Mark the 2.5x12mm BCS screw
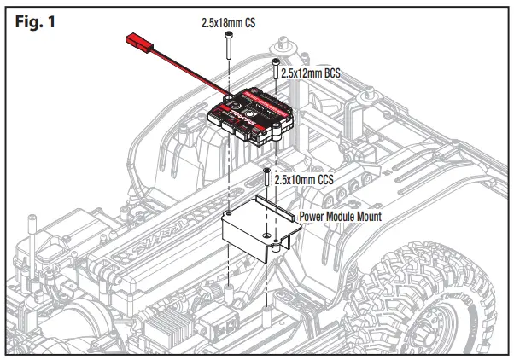click(x=276, y=73)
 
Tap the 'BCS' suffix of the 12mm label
click(x=330, y=74)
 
